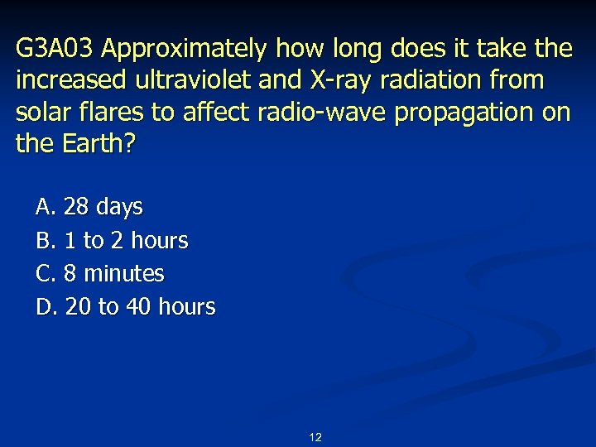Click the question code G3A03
click(55, 50)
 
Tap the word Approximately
click(184, 50)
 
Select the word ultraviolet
click(185, 81)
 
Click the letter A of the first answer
click(44, 206)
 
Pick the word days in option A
click(119, 207)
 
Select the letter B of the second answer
click(44, 240)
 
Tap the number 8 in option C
click(70, 273)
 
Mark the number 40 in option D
click(138, 307)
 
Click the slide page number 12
click(315, 437)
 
